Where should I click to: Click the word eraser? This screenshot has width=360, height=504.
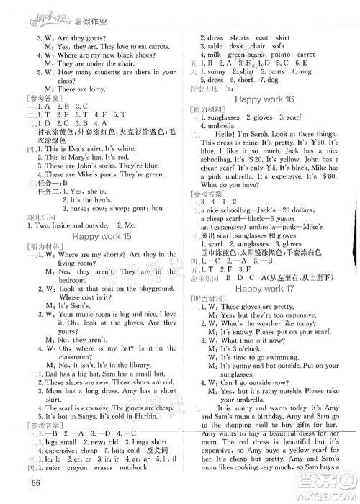tap(101, 459)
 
